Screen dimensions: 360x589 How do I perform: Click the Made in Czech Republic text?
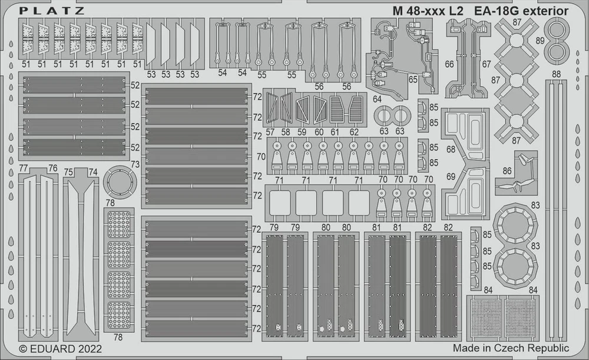tap(511, 349)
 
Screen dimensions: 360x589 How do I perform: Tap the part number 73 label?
tap(135, 164)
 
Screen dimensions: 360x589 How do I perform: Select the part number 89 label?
tap(540, 41)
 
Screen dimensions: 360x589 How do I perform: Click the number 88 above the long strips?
tap(557, 74)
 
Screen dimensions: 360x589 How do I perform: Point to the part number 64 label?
tap(376, 100)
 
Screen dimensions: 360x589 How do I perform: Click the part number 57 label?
tap(270, 131)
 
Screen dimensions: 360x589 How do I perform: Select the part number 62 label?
tap(354, 131)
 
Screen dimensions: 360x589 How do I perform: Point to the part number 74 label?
tap(93, 171)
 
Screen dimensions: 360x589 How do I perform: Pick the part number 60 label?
tap(320, 131)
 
